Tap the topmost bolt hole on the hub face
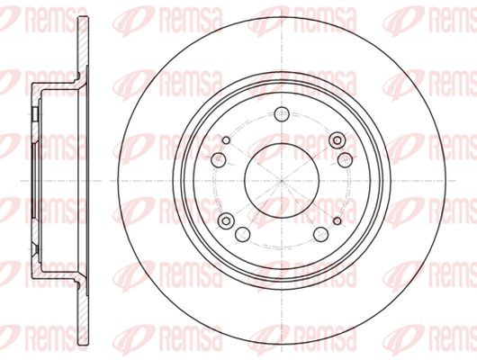[x=282, y=114]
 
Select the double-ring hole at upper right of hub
[x=337, y=140]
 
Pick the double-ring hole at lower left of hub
[x=226, y=220]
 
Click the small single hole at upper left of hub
[x=226, y=140]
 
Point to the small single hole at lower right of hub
[x=337, y=220]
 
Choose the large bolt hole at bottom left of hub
[x=242, y=234]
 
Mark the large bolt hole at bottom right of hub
[x=320, y=234]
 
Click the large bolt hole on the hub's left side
[x=219, y=160]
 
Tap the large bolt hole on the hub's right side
[x=345, y=160]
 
